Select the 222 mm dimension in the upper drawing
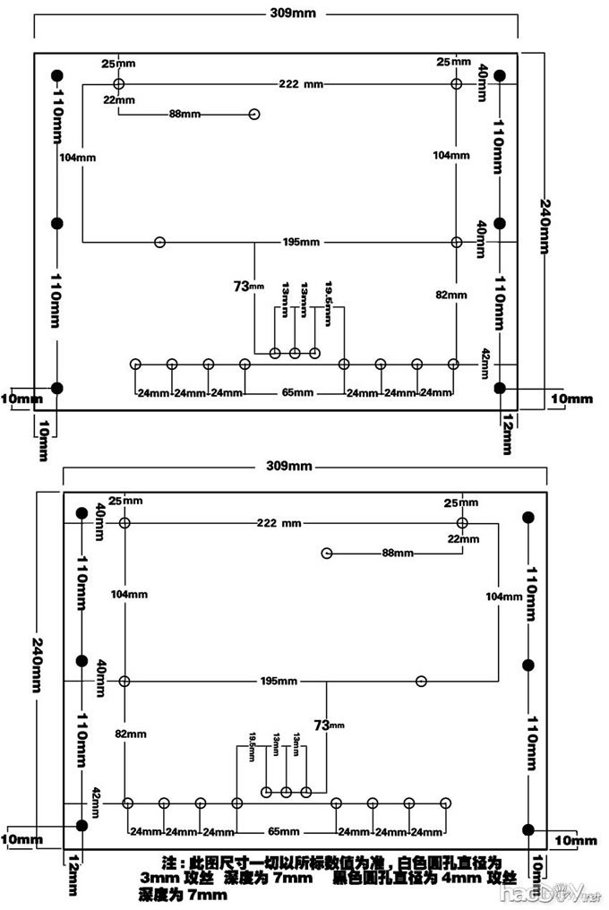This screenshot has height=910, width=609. tap(300, 83)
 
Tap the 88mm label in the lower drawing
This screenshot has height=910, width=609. tap(397, 554)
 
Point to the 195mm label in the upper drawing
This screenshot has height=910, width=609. tap(300, 243)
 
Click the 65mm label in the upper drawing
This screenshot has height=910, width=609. tap(297, 393)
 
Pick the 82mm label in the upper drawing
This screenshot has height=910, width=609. tap(451, 295)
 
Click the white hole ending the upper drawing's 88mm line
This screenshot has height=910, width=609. tap(254, 115)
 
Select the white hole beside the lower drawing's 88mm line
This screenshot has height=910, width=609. tap(327, 554)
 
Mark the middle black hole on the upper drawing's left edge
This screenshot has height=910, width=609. tap(57, 222)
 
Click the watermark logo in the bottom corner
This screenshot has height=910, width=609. tap(547, 892)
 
